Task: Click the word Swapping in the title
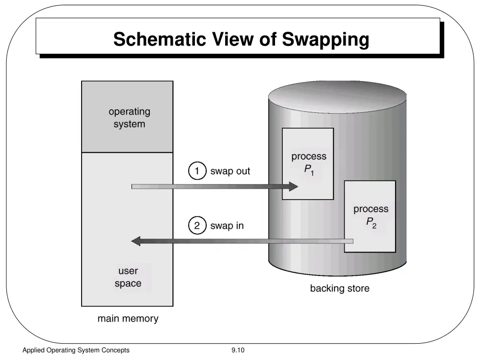[325, 39]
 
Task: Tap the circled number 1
[197, 170]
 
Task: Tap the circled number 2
[197, 225]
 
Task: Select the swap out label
[230, 171]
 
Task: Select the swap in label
[227, 226]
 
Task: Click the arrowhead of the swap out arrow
[293, 186]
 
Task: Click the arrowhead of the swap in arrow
[136, 241]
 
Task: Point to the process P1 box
[308, 164]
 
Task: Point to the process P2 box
[370, 216]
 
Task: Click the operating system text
[130, 118]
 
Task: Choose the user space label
[128, 277]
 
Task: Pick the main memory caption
[128, 319]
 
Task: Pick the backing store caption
[340, 288]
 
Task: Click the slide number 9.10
[238, 350]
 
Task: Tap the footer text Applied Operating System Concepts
[76, 350]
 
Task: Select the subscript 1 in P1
[312, 174]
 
